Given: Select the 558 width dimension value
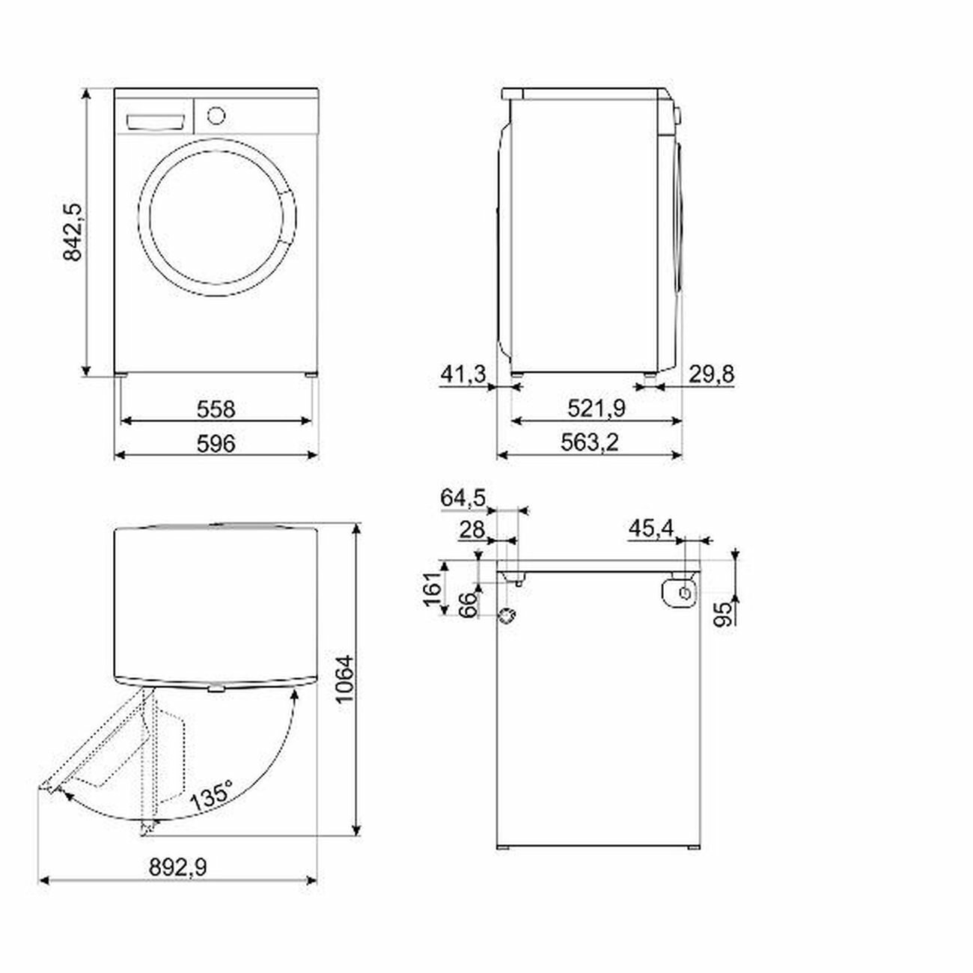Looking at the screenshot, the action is [x=216, y=409].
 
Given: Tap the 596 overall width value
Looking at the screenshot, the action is [x=216, y=444].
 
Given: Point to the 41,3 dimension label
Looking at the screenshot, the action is [x=463, y=374].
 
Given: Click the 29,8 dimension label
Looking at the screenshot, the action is [x=712, y=374].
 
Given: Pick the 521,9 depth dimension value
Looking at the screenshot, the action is [x=597, y=409].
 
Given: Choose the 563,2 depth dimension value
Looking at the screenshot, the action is [x=590, y=443].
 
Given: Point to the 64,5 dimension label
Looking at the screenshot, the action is [x=463, y=498].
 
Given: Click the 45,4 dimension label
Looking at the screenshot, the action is [x=651, y=528].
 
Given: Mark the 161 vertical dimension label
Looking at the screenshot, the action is [x=432, y=590].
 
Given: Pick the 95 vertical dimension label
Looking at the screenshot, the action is [x=724, y=614].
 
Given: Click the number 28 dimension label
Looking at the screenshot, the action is [x=472, y=530].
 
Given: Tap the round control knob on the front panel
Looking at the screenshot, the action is [x=216, y=115].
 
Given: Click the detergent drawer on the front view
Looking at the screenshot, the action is [x=155, y=121].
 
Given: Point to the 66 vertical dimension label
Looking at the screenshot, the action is [x=469, y=605].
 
